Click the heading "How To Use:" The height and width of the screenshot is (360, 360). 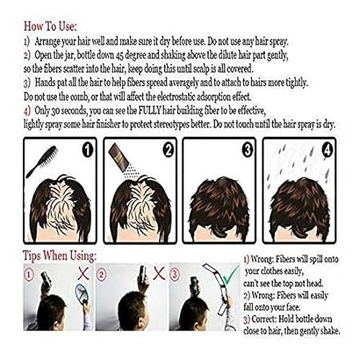click(49, 11)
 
